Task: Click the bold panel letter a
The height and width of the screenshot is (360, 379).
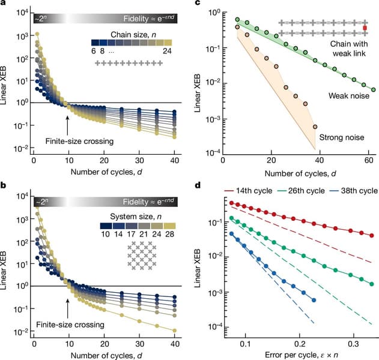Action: tap(4, 5)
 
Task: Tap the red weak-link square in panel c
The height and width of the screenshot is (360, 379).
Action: tap(365, 28)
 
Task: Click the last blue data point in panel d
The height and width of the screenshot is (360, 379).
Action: tap(314, 299)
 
